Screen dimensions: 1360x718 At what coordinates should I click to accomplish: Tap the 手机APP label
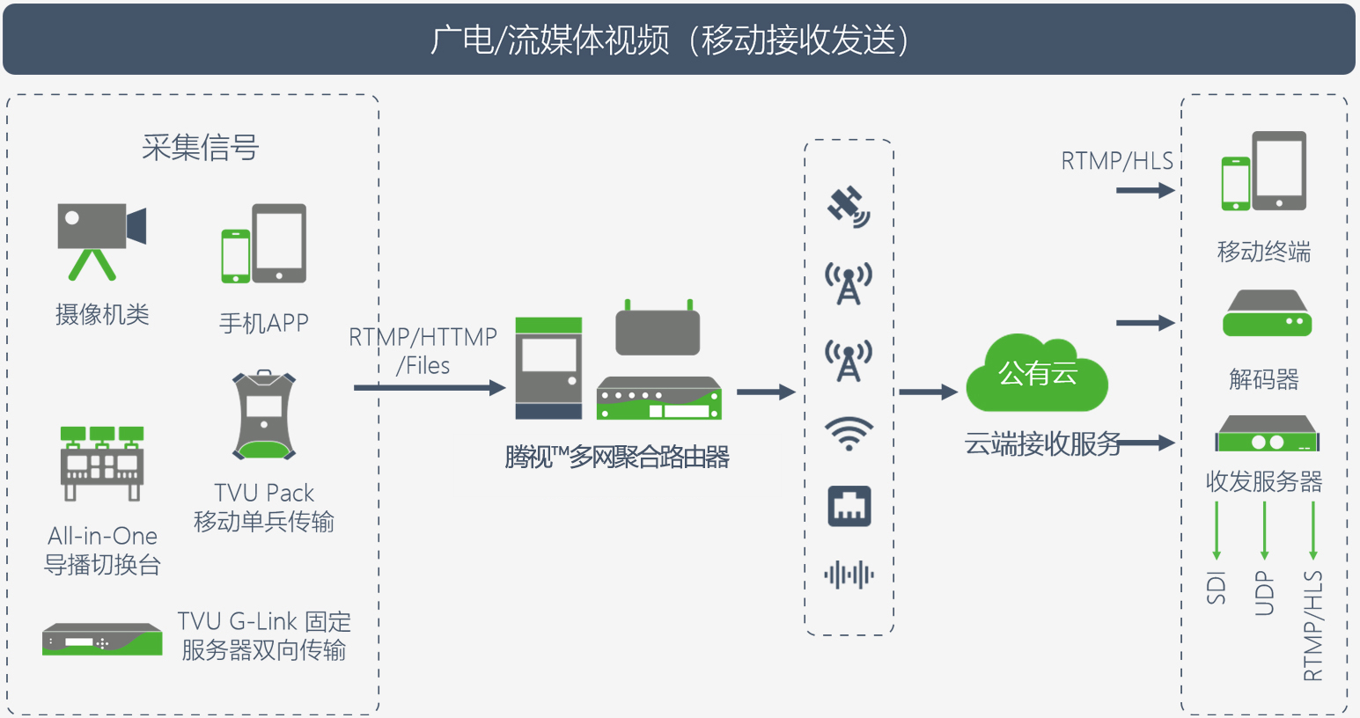(264, 323)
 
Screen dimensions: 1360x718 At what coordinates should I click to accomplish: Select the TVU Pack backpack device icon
(264, 414)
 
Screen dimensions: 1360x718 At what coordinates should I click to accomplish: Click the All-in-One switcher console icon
(102, 464)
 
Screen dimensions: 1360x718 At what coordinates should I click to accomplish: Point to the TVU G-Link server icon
(102, 639)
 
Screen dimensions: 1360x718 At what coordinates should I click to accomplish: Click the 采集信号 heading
(201, 148)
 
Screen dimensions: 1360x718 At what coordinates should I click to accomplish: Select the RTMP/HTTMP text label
(423, 337)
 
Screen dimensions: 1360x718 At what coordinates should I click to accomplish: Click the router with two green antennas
(658, 327)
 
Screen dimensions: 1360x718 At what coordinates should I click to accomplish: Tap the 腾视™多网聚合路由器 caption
(617, 457)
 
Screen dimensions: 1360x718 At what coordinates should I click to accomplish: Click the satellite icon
(849, 207)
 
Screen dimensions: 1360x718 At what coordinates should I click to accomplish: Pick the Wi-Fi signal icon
(849, 433)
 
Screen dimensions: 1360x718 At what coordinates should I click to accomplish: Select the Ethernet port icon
(849, 506)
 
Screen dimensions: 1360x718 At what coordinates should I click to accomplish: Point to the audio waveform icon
(849, 575)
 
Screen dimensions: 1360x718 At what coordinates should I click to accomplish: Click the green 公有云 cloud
(1037, 373)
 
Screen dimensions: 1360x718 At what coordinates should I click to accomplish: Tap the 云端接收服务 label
(1043, 443)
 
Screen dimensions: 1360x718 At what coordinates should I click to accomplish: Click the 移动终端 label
(1264, 252)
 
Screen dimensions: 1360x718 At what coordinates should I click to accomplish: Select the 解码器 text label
(1264, 379)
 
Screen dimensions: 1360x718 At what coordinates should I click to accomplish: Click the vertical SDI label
(1217, 588)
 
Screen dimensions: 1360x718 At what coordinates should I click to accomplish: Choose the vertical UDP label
(1264, 593)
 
